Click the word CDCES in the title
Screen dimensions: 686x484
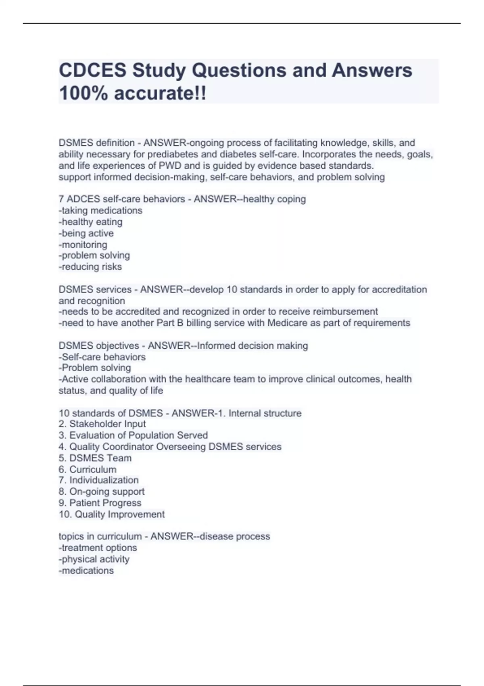(92, 71)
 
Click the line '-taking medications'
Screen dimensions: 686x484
(100, 210)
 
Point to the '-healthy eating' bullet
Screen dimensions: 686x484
(90, 222)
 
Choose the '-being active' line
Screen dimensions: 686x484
(86, 233)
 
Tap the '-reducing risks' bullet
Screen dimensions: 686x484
(90, 267)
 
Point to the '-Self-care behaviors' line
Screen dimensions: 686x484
(102, 357)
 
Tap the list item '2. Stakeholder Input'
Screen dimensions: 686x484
(102, 424)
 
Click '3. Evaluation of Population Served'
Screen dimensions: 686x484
(133, 435)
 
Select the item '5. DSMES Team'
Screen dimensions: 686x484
(95, 458)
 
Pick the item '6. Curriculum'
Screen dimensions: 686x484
(88, 469)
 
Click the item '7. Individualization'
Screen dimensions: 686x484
(98, 480)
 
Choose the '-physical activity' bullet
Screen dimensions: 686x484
(94, 559)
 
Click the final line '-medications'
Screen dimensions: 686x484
(86, 571)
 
